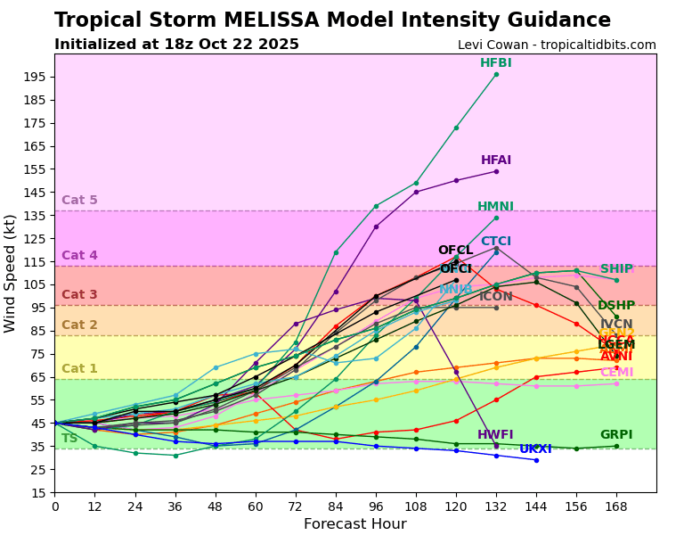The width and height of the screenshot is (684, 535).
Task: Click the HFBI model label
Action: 495,63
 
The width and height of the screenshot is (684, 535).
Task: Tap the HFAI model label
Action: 495,160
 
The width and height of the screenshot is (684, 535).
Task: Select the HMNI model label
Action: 495,207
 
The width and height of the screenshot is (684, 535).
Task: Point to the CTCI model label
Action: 495,242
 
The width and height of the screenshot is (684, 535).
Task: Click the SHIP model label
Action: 616,269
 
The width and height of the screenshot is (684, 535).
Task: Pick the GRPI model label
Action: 616,435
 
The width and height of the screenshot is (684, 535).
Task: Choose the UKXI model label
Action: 535,449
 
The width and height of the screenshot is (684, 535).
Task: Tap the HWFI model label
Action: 495,435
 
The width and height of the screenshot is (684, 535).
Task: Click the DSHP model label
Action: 616,306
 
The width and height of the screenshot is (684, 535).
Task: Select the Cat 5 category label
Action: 79,201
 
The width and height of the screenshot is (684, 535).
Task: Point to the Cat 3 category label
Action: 79,295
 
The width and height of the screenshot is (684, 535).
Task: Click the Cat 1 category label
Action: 79,369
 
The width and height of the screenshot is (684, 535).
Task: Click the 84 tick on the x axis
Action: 336,506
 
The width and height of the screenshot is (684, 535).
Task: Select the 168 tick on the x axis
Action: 616,506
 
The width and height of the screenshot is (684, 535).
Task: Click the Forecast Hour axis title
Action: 355,524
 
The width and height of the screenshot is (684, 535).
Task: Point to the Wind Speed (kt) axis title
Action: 11,273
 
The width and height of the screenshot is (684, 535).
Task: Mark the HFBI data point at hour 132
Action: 496,74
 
